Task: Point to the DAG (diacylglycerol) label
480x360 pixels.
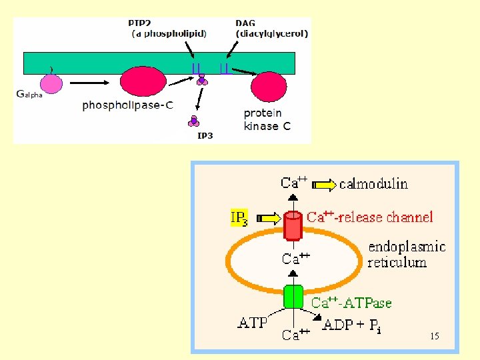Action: pos(271,28)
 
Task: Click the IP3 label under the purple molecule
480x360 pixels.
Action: pos(205,136)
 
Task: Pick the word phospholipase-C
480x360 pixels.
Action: pos(128,105)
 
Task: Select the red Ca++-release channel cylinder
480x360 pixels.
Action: pos(292,225)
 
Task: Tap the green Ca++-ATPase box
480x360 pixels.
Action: pos(293,297)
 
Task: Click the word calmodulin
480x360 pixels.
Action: pos(373,183)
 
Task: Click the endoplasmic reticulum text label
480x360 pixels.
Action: pos(406,254)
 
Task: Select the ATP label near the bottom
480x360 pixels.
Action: pos(253,324)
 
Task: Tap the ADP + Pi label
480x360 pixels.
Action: pos(351,326)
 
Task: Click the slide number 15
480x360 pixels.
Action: pos(434,336)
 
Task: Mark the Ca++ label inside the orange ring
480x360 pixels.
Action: pos(295,259)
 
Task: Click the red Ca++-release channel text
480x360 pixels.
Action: pos(369,217)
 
